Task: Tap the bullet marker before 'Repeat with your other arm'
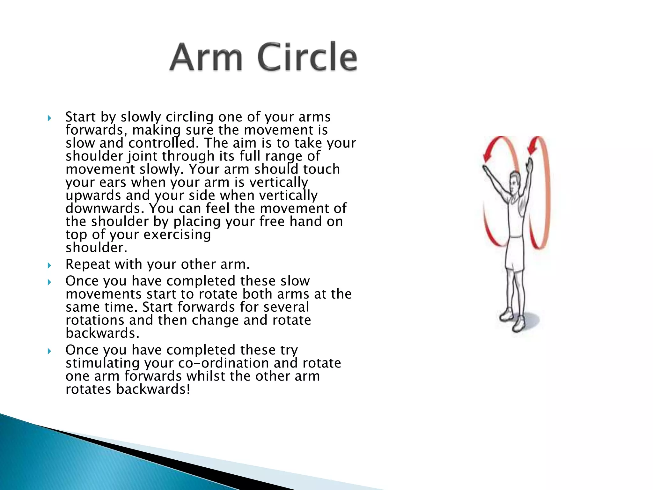[49, 265]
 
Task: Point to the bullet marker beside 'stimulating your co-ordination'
[49, 351]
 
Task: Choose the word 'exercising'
[177, 235]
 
